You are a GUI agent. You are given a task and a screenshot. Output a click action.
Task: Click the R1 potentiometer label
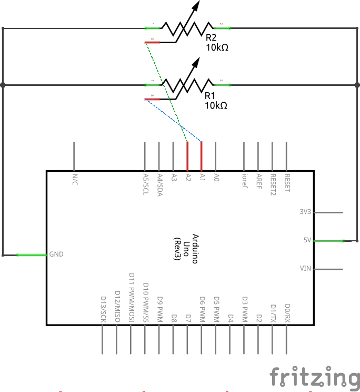tap(210, 96)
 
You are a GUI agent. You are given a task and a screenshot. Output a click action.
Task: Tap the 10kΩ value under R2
tap(217, 47)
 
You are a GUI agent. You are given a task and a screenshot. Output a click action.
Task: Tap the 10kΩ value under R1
tap(216, 105)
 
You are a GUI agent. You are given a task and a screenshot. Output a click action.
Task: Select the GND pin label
tap(56, 254)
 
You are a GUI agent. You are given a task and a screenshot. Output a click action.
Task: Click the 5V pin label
tap(307, 240)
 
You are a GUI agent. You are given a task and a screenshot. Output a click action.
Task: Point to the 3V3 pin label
tap(305, 212)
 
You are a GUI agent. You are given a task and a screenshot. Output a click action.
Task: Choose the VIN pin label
tap(305, 269)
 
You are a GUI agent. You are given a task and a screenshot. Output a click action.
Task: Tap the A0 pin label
tap(216, 178)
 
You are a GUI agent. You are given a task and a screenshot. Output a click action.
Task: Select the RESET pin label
tap(287, 182)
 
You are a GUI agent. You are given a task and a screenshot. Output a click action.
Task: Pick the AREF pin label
tap(258, 180)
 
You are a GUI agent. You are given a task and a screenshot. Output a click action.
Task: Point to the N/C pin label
tap(74, 179)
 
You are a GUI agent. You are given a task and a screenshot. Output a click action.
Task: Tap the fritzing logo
tap(314, 378)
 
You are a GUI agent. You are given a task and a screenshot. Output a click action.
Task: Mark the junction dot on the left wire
tap(3, 84)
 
